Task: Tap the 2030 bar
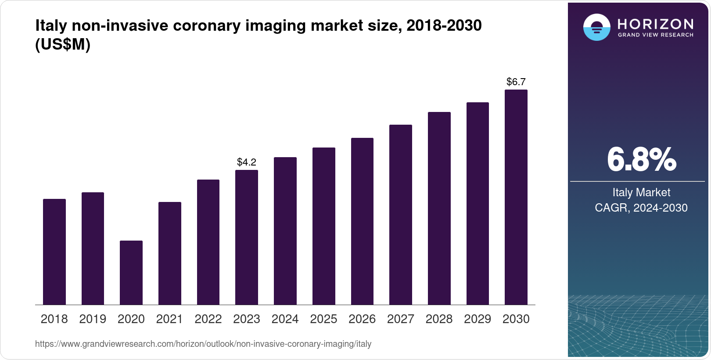[516, 197]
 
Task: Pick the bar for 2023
[247, 237]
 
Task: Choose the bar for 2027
[401, 215]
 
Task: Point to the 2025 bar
[324, 226]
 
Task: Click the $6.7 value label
[516, 82]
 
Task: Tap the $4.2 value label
[247, 162]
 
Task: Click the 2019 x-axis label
[93, 319]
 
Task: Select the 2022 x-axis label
[208, 319]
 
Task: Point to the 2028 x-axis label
[439, 319]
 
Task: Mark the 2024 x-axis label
[285, 319]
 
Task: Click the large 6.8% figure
[641, 160]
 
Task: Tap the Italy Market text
[641, 192]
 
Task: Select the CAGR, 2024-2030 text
[641, 208]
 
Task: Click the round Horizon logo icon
[597, 27]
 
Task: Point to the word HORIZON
[656, 24]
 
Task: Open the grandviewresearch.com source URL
[203, 344]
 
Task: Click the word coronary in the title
[206, 25]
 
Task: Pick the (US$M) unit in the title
[63, 45]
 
